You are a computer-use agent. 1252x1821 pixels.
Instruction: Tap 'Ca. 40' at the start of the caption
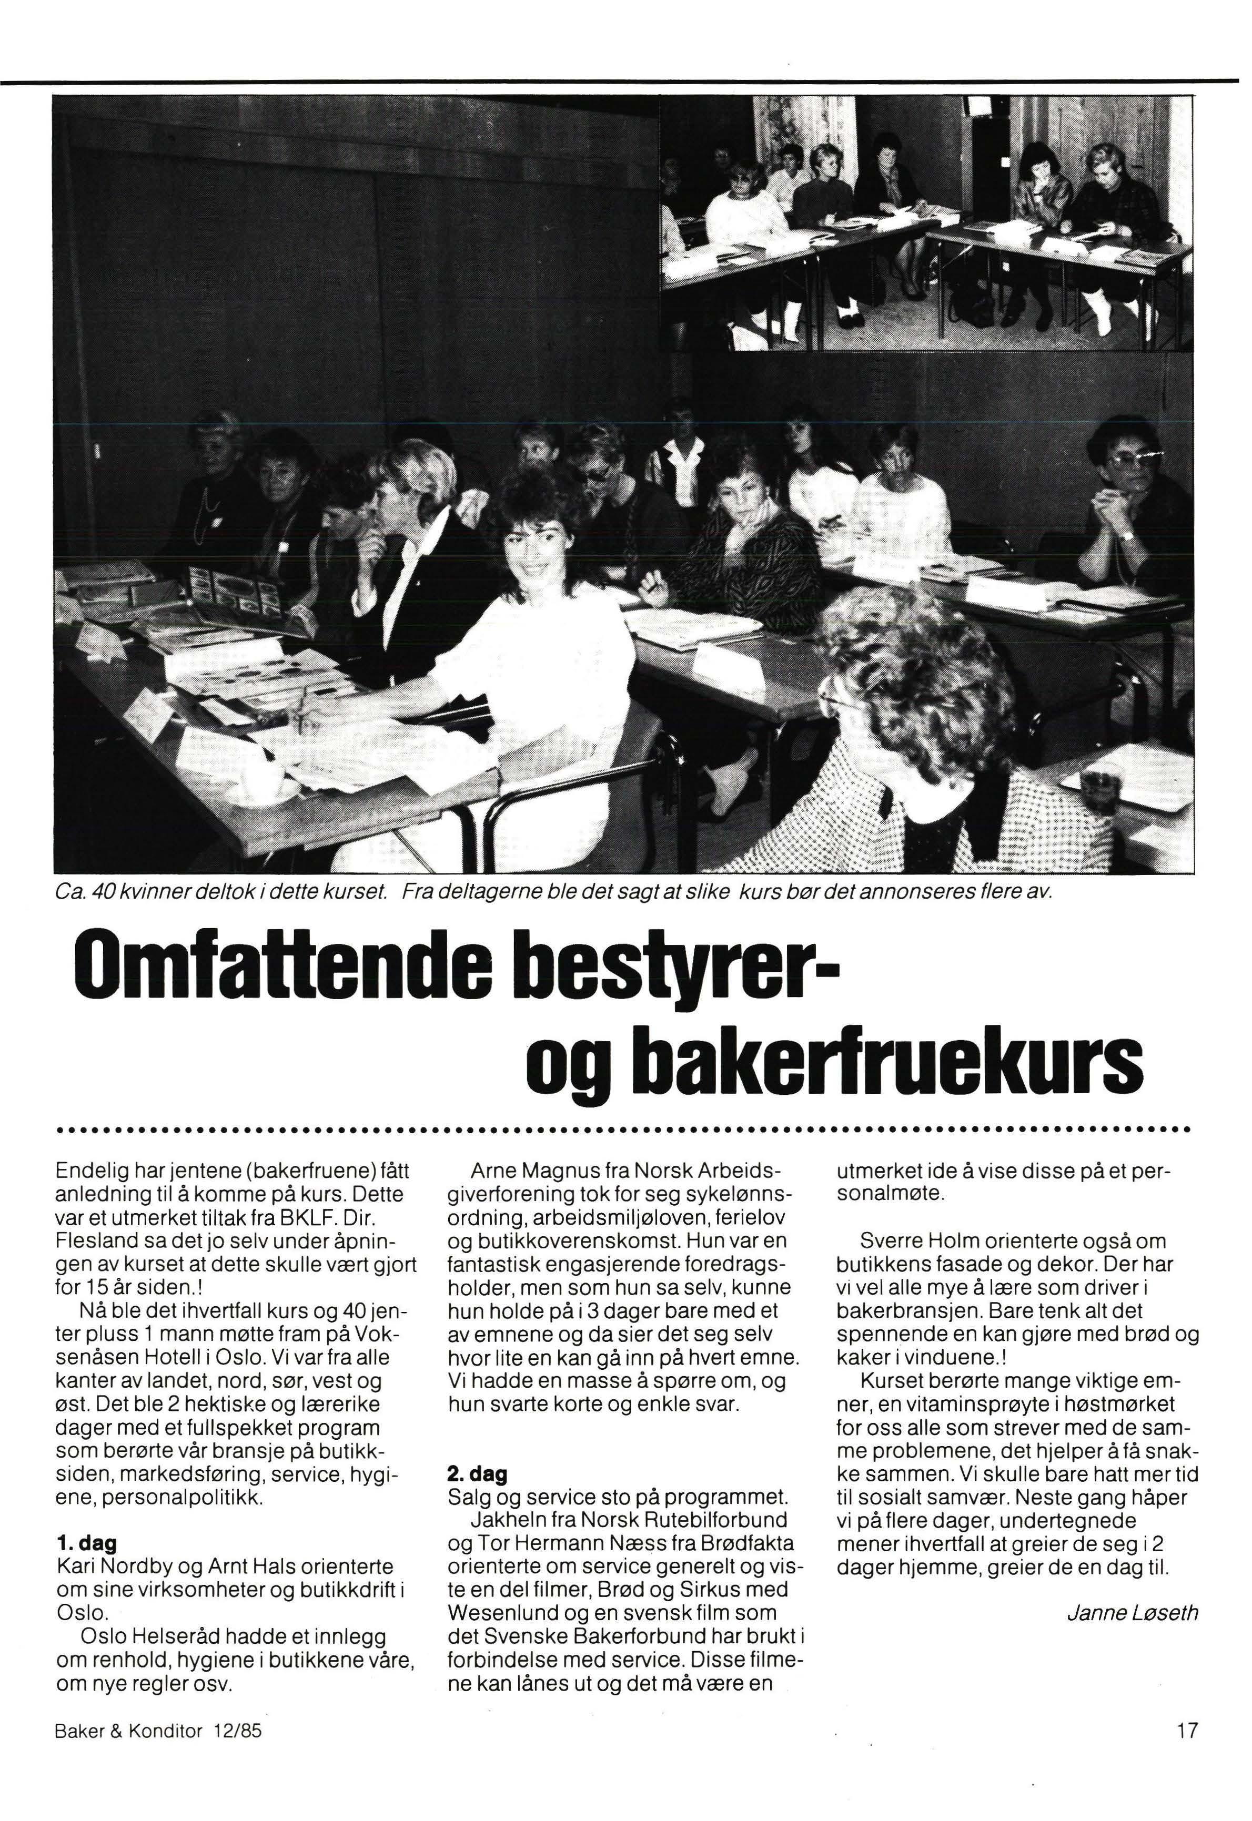[x=83, y=893]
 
